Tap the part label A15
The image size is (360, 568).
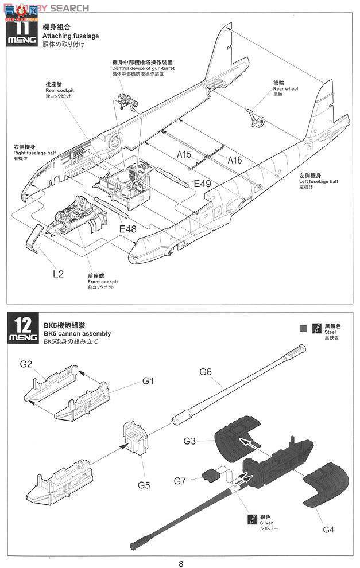pyautogui.click(x=184, y=154)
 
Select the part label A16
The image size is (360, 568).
pyautogui.click(x=234, y=160)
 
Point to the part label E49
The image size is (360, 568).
pyautogui.click(x=203, y=184)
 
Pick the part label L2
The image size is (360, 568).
pyautogui.click(x=58, y=274)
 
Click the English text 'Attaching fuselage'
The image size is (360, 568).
pyautogui.click(x=71, y=36)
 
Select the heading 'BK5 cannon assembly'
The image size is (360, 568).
pyautogui.click(x=77, y=333)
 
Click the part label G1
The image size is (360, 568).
pyautogui.click(x=149, y=380)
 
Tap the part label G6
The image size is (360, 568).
pyautogui.click(x=206, y=372)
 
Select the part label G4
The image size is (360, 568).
pyautogui.click(x=328, y=529)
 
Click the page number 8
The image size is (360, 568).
pyautogui.click(x=181, y=563)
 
